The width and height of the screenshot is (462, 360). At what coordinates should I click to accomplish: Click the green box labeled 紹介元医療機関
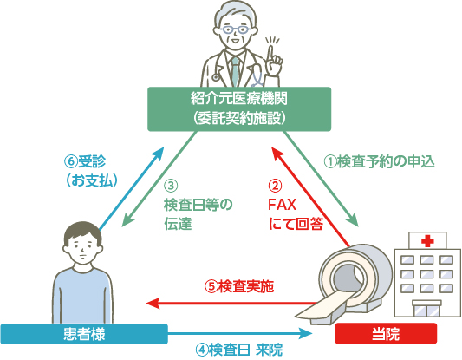[x=239, y=109]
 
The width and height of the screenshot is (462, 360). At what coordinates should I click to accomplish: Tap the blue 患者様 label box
[x=84, y=334]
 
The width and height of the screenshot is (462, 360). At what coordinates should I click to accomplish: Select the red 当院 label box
[x=386, y=333]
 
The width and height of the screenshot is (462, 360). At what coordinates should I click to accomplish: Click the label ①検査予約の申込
[x=379, y=161]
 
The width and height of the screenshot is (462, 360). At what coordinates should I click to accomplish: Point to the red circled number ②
[x=275, y=186]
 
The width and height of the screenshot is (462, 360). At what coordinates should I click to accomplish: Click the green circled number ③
[x=171, y=186]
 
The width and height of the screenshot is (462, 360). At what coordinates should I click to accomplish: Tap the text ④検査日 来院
[x=239, y=350]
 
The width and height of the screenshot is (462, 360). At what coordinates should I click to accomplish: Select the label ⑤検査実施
[x=239, y=286]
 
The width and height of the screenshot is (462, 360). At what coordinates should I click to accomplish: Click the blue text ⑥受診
[x=85, y=161]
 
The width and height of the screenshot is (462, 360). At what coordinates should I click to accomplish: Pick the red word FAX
[x=282, y=205]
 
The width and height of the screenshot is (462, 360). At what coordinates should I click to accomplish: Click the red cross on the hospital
[x=427, y=240]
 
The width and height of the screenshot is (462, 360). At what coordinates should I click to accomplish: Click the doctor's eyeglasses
[x=236, y=29]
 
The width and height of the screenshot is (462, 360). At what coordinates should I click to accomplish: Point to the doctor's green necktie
[x=235, y=71]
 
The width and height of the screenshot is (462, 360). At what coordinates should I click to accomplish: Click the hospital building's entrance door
[x=426, y=310]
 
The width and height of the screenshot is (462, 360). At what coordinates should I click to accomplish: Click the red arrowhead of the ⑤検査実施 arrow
[x=153, y=303]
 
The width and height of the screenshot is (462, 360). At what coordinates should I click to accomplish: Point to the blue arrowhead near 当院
[x=306, y=333]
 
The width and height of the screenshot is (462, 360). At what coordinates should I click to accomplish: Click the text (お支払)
[x=92, y=180]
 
